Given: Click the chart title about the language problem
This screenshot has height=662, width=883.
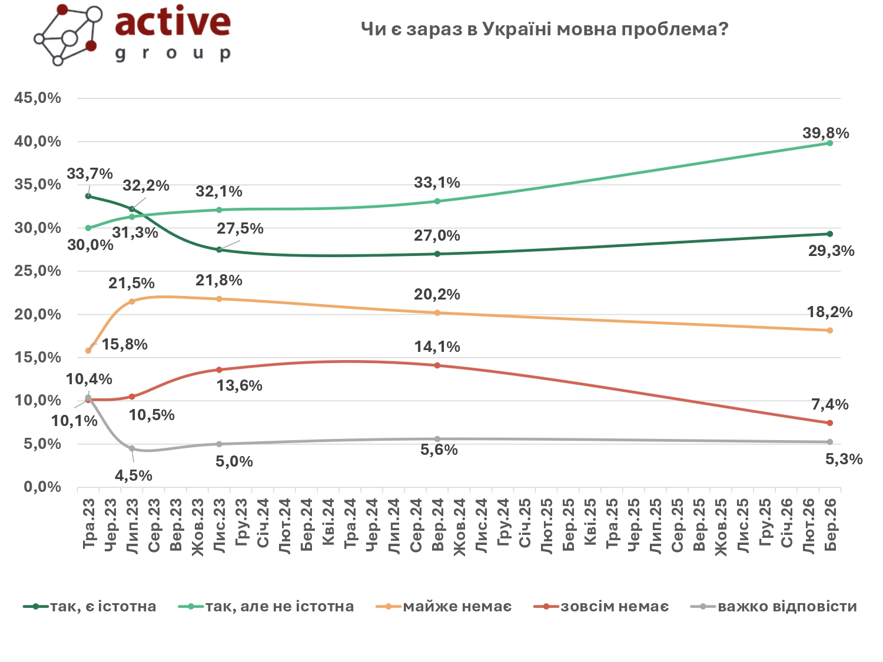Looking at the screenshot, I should click(544, 29).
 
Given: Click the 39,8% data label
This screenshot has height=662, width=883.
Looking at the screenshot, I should click(825, 134).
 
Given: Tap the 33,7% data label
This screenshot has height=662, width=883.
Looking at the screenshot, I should click(89, 174).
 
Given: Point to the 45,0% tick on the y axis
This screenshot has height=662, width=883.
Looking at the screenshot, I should click(38, 98).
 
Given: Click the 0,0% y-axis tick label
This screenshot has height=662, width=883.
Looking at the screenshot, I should click(42, 487).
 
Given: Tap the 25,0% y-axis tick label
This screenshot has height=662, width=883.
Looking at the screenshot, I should click(38, 271).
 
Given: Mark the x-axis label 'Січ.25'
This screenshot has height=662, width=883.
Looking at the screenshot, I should click(525, 523).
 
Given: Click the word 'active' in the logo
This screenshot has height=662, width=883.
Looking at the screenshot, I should click(172, 22).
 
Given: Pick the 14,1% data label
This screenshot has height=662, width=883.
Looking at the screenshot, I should click(437, 347).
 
